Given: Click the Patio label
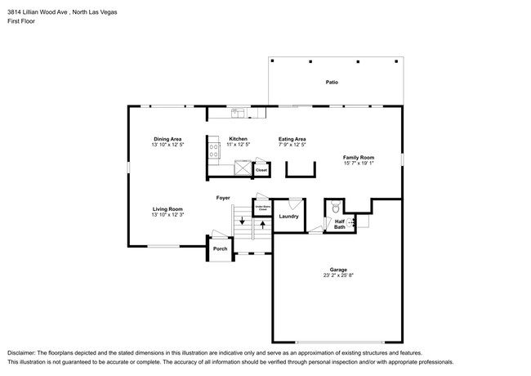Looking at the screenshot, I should click(x=332, y=83).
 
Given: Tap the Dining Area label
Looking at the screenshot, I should click(x=168, y=139).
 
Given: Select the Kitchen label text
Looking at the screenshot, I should click(x=238, y=139).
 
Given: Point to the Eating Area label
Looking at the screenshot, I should click(x=292, y=139).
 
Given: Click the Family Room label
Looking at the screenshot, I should click(x=359, y=157).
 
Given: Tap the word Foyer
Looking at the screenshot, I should click(x=223, y=198).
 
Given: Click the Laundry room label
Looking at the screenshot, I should click(x=288, y=217).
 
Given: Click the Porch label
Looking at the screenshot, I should click(x=220, y=248).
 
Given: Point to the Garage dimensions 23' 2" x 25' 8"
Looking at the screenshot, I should click(x=338, y=275).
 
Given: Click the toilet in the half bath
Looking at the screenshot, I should click(x=335, y=208).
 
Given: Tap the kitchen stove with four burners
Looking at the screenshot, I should click(x=215, y=149).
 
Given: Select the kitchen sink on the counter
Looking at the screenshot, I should click(x=236, y=113).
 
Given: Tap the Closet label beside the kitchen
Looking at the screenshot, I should click(x=262, y=171).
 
